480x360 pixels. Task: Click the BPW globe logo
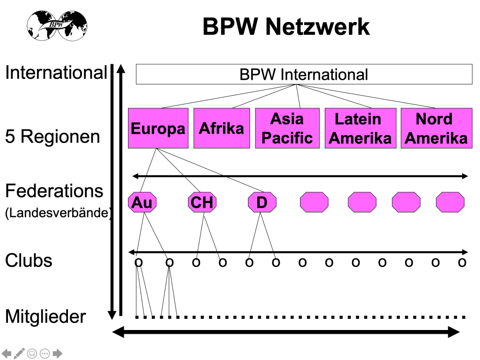tap(57, 25)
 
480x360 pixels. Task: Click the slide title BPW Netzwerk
tap(286, 27)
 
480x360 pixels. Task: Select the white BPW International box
tap(304, 75)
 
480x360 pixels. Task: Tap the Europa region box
tap(158, 128)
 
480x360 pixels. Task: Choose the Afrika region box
tap(222, 128)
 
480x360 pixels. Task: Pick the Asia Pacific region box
tap(287, 128)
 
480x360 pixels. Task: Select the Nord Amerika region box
tap(436, 128)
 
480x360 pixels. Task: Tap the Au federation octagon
tap(142, 202)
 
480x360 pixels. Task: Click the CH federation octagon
tap(202, 202)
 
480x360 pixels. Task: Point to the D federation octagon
tap(262, 202)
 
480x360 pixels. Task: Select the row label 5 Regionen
tap(52, 137)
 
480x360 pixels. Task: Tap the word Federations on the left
tap(54, 191)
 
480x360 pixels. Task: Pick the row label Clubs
tap(29, 261)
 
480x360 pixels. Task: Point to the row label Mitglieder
tap(45, 317)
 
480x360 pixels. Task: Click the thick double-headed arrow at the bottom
tap(286, 332)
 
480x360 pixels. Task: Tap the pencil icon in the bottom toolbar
tap(20, 353)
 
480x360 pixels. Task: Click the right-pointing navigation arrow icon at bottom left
tap(58, 353)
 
